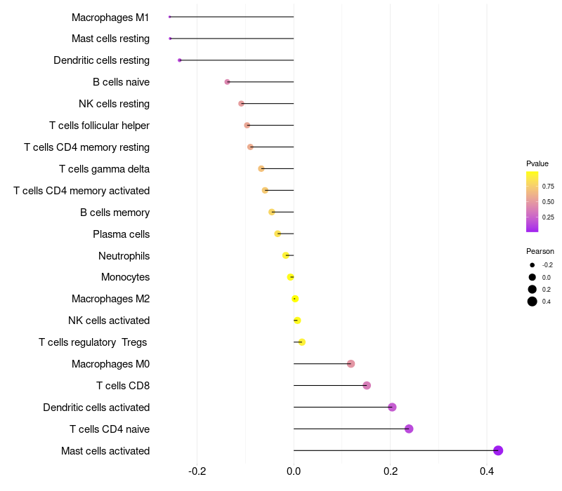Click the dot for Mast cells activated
tap(498, 450)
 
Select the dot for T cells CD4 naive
tap(409, 429)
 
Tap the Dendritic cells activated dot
tap(392, 407)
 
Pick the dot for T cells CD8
tap(367, 385)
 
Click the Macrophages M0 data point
tap(351, 363)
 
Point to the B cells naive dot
tap(227, 82)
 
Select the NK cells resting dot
tap(241, 104)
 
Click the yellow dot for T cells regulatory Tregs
tap(302, 342)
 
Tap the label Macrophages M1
tap(110, 17)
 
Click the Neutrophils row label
tap(124, 255)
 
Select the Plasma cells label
tap(121, 234)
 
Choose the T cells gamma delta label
tap(104, 169)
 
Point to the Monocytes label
tap(125, 277)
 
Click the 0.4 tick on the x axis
tap(487, 471)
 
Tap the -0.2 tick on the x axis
tap(197, 471)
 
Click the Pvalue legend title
tap(537, 163)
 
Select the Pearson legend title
tap(540, 251)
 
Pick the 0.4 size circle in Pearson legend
tap(532, 302)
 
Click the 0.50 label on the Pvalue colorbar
tap(548, 202)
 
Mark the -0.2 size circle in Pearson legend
tap(532, 265)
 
